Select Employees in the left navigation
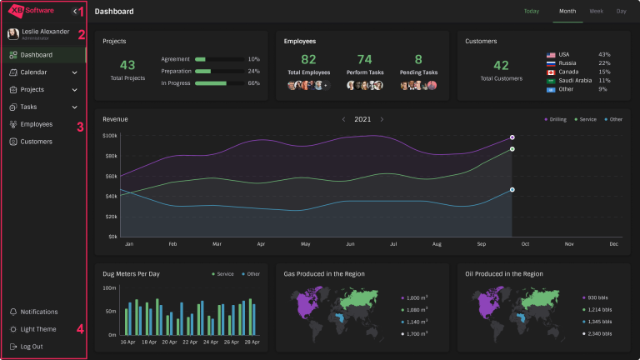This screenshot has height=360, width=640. (x=36, y=124)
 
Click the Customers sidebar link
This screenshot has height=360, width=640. (x=36, y=142)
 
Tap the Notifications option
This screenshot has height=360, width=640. (x=38, y=312)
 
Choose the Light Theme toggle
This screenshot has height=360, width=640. (x=38, y=329)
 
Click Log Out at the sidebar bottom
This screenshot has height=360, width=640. (x=32, y=346)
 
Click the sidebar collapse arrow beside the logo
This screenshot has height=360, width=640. (x=75, y=12)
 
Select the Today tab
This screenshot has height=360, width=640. (x=531, y=12)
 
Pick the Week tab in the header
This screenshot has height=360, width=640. (x=596, y=12)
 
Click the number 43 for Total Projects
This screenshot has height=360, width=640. (x=127, y=65)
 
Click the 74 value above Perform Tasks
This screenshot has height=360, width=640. (x=364, y=59)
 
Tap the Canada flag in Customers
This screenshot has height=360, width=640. (x=551, y=72)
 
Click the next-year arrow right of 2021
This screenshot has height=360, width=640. (x=382, y=119)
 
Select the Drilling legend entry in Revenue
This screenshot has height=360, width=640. (x=556, y=119)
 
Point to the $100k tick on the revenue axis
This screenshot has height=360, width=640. (x=109, y=135)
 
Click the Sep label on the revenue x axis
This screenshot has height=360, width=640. (x=481, y=244)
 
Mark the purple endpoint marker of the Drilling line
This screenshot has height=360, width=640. (x=512, y=137)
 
